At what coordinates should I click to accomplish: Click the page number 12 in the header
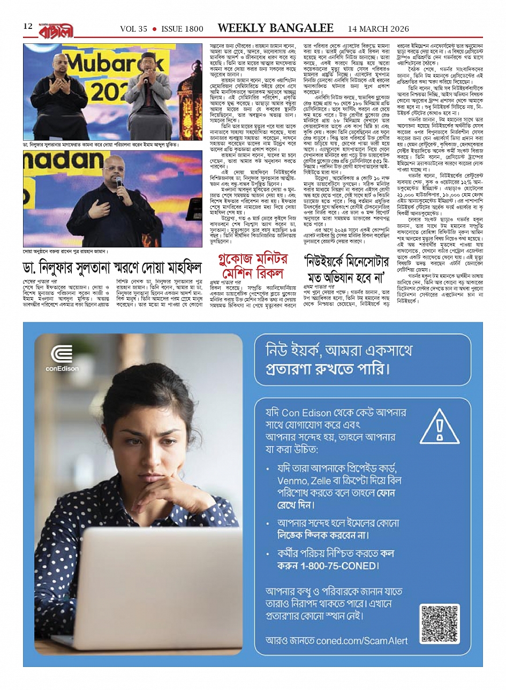point(28,26)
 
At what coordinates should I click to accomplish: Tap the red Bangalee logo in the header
point(56,29)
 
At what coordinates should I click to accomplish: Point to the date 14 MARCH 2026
point(378,29)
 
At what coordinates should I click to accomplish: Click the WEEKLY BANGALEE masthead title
point(275,28)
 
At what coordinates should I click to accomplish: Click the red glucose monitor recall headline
point(253,266)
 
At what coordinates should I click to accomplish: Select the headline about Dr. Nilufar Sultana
point(112,267)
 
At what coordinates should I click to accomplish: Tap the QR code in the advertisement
point(440,624)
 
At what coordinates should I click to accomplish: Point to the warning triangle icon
point(440,429)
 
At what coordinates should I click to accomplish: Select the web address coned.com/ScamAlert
point(362,640)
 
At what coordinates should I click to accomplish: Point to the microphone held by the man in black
point(119,184)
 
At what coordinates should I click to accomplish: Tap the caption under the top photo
point(101,145)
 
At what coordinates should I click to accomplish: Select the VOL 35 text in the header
point(133,29)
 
